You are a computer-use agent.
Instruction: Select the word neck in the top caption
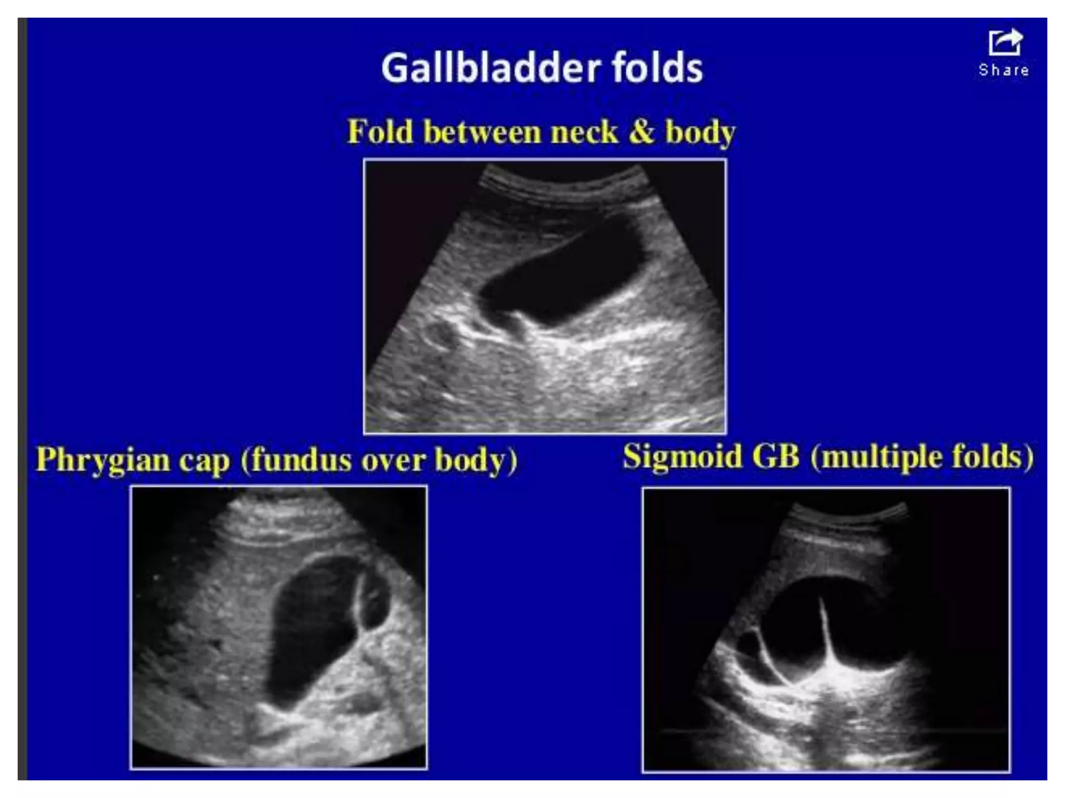(x=584, y=132)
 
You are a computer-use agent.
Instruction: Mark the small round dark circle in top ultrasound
(x=440, y=335)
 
